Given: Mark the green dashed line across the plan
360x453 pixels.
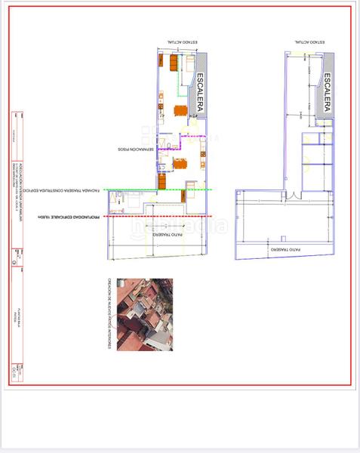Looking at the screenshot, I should pyautogui.click(x=151, y=189).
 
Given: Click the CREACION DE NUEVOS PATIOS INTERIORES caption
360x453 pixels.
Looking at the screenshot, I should pyautogui.click(x=111, y=314).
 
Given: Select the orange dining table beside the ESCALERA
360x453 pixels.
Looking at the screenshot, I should pyautogui.click(x=180, y=110).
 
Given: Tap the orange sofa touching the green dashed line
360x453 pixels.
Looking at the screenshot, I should pyautogui.click(x=164, y=183).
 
